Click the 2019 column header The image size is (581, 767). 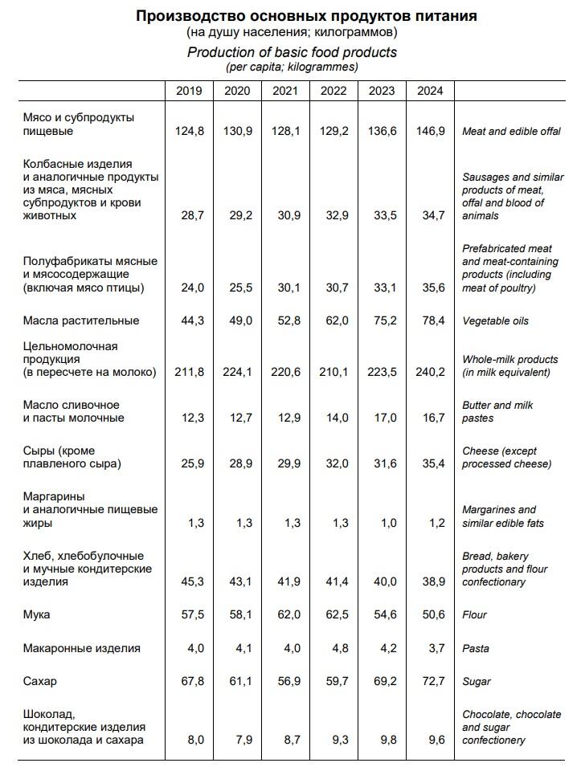(x=189, y=90)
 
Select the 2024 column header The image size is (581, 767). (x=430, y=90)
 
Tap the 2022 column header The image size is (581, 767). (x=333, y=90)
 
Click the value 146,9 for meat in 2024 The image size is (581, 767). (x=430, y=131)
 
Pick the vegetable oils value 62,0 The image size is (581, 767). (x=333, y=320)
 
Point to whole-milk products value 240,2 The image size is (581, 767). (x=430, y=372)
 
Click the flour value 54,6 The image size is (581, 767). (x=382, y=614)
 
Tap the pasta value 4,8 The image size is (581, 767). (x=333, y=648)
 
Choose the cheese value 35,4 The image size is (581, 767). (x=430, y=463)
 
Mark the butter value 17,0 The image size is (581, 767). (x=382, y=418)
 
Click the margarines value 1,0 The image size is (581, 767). (x=382, y=523)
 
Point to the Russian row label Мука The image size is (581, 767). (x=37, y=614)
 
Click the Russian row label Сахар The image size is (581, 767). (x=40, y=681)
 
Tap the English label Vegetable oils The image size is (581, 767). (x=495, y=320)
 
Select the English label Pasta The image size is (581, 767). (x=477, y=648)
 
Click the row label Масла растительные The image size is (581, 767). (x=81, y=320)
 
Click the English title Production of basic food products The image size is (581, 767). (x=292, y=52)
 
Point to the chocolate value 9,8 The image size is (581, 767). (x=382, y=740)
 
